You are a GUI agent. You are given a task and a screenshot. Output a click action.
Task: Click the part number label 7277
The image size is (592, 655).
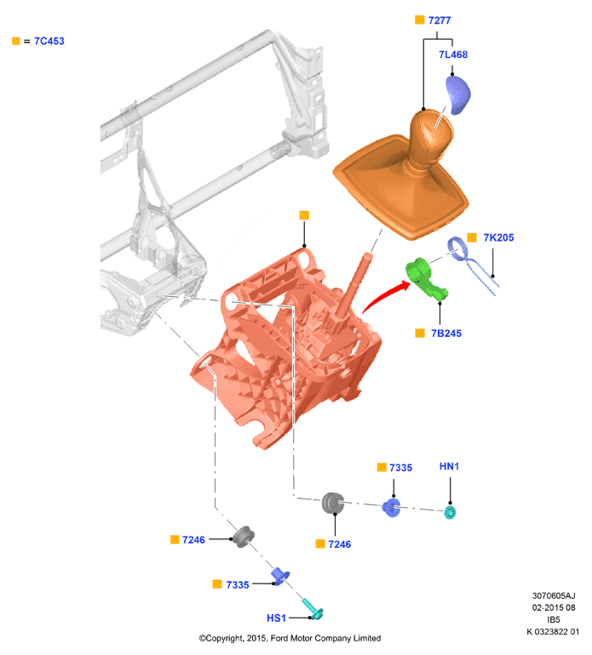point(440,20)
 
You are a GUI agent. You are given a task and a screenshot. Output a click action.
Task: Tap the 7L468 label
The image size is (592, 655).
point(453,54)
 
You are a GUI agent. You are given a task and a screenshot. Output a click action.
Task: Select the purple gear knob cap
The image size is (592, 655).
point(458,94)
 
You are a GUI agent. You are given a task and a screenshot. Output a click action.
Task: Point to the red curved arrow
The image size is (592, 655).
point(382,294)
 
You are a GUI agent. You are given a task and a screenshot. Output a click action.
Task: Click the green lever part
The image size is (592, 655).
point(425,279)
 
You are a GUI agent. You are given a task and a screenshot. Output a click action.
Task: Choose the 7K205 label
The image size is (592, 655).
point(498,237)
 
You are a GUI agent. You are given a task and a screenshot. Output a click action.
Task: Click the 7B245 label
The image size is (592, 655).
point(446,333)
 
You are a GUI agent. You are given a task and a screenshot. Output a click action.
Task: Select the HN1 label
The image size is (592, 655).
point(449,466)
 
